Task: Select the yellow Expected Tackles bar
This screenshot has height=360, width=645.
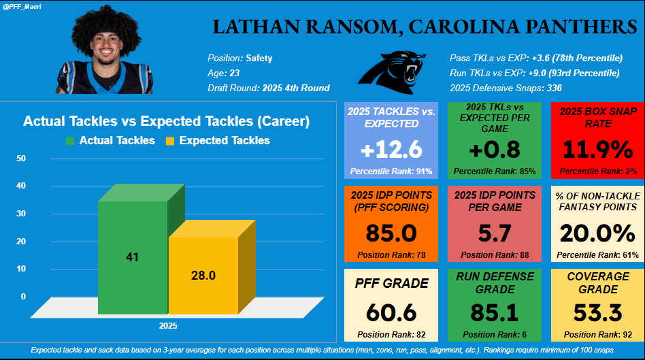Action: [203, 275]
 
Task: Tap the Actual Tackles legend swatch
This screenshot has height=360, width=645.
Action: [70, 141]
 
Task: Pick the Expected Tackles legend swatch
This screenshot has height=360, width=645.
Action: [170, 141]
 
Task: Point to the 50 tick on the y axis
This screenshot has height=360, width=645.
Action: [21, 159]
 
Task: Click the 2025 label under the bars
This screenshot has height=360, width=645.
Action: [168, 326]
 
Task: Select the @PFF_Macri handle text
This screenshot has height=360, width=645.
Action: [23, 6]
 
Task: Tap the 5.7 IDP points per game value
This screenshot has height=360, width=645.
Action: [494, 233]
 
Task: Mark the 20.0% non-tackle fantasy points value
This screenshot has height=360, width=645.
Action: [597, 233]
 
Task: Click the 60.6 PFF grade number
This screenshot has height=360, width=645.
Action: [391, 312]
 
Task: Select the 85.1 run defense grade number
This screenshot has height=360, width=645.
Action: [494, 312]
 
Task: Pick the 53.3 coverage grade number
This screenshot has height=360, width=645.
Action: [597, 312]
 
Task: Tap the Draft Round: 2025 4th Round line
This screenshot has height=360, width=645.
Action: [268, 88]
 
